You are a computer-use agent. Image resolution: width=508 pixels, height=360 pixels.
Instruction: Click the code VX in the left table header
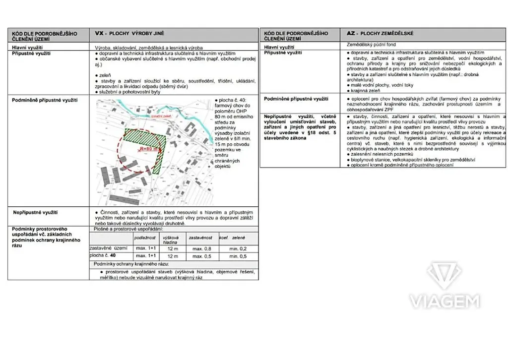pos(98,33)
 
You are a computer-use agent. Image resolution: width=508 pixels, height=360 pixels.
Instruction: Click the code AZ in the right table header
pos(351,33)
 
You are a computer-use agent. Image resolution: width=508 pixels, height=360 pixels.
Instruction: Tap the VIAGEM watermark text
pos(444,301)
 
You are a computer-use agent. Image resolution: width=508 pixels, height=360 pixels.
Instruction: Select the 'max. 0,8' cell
pos(201,248)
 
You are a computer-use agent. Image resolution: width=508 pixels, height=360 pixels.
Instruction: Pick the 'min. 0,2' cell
pos(238,248)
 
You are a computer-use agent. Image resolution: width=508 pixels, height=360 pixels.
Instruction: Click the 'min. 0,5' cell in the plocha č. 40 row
pos(238,256)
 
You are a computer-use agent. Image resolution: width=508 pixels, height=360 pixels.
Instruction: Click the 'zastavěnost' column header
pos(200,239)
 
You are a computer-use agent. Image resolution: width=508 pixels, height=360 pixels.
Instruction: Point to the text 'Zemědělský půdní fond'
pos(371,45)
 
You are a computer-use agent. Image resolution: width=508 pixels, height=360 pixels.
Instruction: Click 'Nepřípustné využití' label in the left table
pos(34,212)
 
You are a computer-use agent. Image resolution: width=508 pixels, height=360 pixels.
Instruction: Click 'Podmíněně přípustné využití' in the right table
pos(296,99)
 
